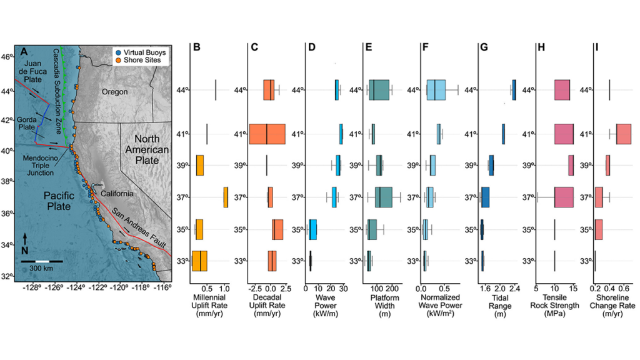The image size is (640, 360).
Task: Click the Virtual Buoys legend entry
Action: point(140,52)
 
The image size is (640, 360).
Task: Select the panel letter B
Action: point(196,47)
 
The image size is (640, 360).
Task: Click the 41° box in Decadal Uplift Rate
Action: point(267,134)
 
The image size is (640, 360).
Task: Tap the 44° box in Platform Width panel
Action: point(379,90)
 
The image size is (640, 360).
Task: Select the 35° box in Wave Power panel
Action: point(313,229)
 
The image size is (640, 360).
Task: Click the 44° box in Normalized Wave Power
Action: point(436,90)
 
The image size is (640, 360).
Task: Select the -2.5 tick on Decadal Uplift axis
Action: point(255,288)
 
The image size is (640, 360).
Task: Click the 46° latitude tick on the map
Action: point(7,57)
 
